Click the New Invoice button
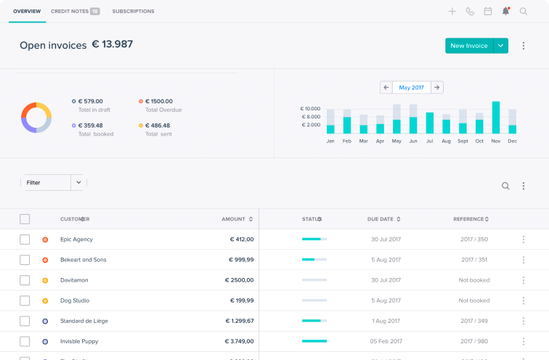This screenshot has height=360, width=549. (468, 46)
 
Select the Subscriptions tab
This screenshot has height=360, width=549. (133, 12)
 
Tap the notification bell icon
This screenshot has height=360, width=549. (505, 12)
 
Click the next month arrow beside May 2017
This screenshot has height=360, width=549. (436, 87)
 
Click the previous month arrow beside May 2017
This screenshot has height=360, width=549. (386, 87)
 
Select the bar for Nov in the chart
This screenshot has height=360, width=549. (496, 118)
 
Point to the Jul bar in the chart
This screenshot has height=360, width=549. (430, 123)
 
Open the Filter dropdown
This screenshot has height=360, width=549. (53, 183)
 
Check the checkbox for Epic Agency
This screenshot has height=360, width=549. (25, 240)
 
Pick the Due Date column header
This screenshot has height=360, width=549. (383, 219)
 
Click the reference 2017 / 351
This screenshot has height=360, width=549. (473, 260)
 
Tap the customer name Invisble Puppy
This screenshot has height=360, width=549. (79, 341)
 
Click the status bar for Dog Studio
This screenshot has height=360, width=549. (314, 300)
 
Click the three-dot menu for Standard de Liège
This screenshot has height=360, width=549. (523, 321)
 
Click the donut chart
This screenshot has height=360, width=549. (36, 117)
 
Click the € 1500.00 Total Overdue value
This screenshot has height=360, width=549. (159, 102)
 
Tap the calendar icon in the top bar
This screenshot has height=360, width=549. (487, 12)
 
